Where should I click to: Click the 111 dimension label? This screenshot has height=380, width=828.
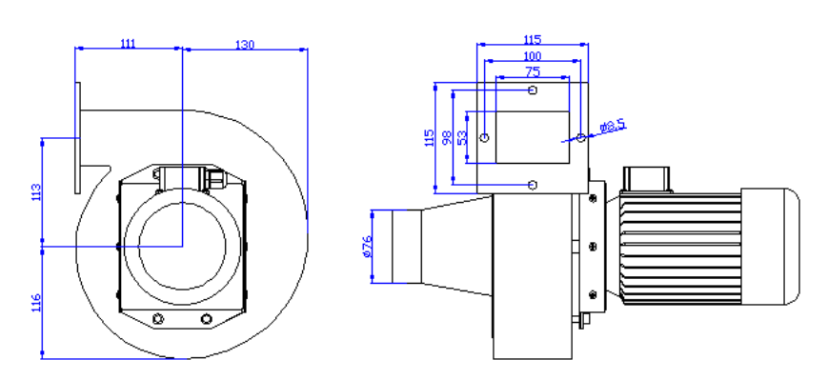click(x=129, y=42)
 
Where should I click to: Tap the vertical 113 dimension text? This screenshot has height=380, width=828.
click(x=36, y=192)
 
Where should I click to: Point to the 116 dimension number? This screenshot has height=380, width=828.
click(x=36, y=304)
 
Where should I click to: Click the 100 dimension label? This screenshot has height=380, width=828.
click(x=533, y=57)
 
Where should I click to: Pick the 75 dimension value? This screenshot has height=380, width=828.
click(x=533, y=71)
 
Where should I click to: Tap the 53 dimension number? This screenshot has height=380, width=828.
click(x=463, y=138)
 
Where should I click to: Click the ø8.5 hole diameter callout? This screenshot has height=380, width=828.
click(x=612, y=126)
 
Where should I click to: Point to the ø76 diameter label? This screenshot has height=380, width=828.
click(x=367, y=248)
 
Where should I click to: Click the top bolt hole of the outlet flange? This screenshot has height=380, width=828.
click(x=533, y=90)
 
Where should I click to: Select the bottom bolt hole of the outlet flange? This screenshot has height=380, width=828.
click(x=533, y=183)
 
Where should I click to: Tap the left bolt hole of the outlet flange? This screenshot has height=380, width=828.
click(x=485, y=137)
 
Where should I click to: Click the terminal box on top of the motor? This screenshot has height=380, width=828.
click(x=646, y=178)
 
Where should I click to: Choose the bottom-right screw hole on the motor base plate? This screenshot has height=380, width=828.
click(x=205, y=317)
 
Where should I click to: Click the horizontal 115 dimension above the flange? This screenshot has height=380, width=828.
click(x=533, y=40)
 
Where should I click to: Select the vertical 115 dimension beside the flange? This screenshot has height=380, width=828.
click(x=429, y=137)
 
